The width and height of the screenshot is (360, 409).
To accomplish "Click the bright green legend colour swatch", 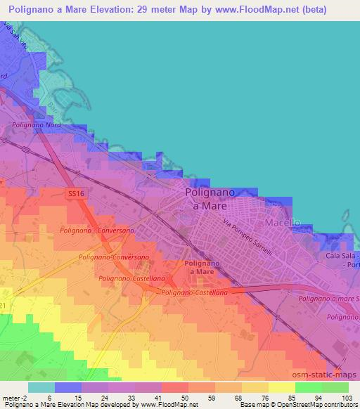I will [x=335, y=387].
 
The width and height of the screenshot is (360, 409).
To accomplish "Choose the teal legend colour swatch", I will [x=41, y=387].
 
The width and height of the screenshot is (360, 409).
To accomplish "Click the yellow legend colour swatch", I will [x=281, y=387].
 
